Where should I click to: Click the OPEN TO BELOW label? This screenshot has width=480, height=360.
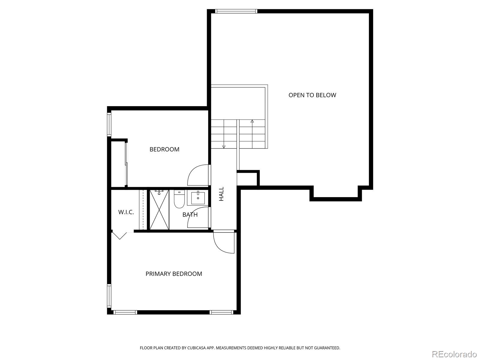[312, 95]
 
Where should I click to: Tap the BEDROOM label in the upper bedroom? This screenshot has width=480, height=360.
[164, 149]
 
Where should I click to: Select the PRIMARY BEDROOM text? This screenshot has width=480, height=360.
[174, 274]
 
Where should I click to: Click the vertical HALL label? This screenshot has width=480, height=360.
[221, 194]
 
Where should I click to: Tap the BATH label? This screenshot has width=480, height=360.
[190, 215]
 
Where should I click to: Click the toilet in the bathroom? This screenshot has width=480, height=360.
[179, 199]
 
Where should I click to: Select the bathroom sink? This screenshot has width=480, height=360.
[198, 198]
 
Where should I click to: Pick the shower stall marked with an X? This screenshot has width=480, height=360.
[159, 210]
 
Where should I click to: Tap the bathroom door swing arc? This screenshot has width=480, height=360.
[197, 218]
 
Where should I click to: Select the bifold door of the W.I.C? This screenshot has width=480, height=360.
[120, 235]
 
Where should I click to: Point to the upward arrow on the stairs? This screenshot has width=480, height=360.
[252, 121]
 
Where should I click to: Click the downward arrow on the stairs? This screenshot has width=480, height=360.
[223, 146]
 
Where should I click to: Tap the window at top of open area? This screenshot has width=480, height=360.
[236, 11]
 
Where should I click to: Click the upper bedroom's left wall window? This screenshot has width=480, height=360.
[109, 124]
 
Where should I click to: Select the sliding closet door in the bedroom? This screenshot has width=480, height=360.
[127, 164]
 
